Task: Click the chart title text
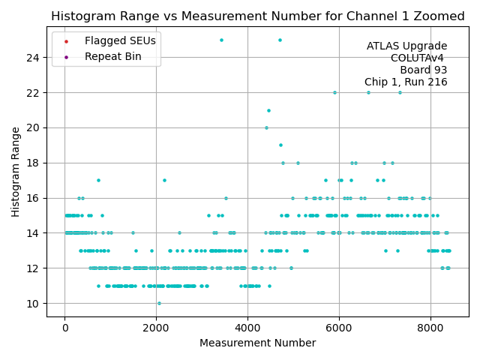(x=257, y=16)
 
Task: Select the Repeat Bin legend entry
(x=112, y=56)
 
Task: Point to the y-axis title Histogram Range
(x=16, y=172)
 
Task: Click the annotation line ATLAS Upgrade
(x=406, y=46)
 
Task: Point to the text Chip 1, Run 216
(x=406, y=82)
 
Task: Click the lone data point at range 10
(x=159, y=303)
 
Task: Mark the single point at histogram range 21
(x=268, y=110)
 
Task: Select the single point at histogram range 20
(x=266, y=127)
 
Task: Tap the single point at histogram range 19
(x=280, y=145)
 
